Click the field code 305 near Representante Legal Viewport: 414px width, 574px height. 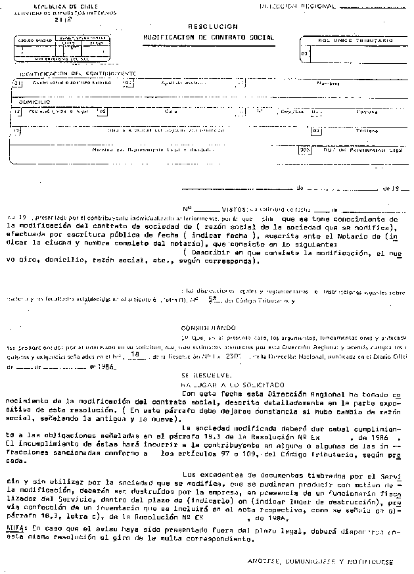(x=304, y=149)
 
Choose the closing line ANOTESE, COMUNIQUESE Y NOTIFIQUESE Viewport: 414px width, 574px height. (x=321, y=563)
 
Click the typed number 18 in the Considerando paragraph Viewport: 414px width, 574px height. (x=135, y=354)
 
